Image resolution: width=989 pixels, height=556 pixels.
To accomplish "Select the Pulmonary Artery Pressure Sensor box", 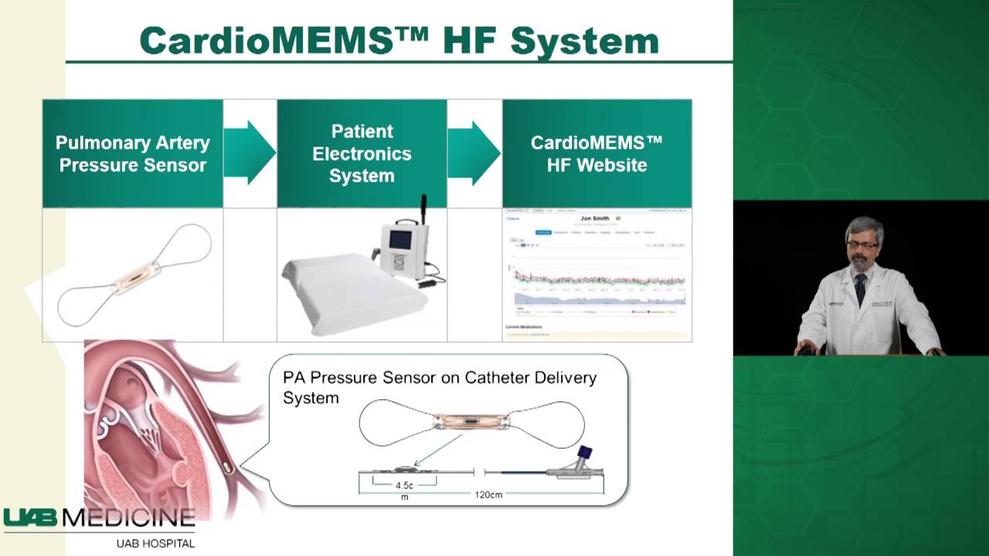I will [133, 154].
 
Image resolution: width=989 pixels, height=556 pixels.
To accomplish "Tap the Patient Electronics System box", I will [362, 154].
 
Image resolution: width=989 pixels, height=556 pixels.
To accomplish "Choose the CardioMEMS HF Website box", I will [596, 154].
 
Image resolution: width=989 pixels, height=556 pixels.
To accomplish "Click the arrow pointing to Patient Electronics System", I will [250, 153].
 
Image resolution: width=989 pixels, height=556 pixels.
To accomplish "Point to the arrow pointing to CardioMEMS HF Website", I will [474, 153].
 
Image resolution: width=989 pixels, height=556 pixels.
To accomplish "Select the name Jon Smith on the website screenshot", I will [596, 219].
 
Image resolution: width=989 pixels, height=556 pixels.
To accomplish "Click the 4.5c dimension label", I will [404, 486].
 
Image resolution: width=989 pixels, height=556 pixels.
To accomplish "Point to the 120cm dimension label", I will [488, 494].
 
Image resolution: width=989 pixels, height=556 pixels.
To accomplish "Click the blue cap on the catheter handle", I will [585, 453].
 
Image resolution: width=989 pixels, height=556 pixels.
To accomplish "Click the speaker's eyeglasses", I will [862, 245].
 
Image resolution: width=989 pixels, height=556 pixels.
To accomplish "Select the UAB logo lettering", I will [31, 518].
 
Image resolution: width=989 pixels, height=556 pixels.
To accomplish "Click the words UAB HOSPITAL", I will [155, 544].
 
